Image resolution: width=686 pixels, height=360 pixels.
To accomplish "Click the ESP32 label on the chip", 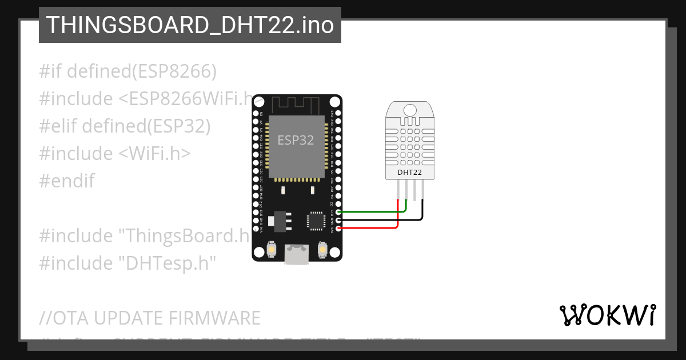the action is [296, 140].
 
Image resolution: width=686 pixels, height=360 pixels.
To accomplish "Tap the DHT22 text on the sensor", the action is [410, 171].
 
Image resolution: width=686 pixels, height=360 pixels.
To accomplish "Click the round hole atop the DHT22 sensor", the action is [410, 109].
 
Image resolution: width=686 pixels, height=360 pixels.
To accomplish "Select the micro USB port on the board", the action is [297, 254].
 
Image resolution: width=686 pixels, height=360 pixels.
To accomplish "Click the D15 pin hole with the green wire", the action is [338, 212].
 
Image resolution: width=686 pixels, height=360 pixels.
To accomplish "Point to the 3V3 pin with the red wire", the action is [338, 229].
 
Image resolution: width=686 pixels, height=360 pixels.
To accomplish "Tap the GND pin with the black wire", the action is [338, 220].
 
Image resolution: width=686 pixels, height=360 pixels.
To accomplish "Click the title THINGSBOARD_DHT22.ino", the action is [190, 25].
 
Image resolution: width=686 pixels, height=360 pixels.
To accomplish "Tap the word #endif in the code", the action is [67, 181].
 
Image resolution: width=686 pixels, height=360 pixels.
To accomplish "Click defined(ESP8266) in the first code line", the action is [142, 71].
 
